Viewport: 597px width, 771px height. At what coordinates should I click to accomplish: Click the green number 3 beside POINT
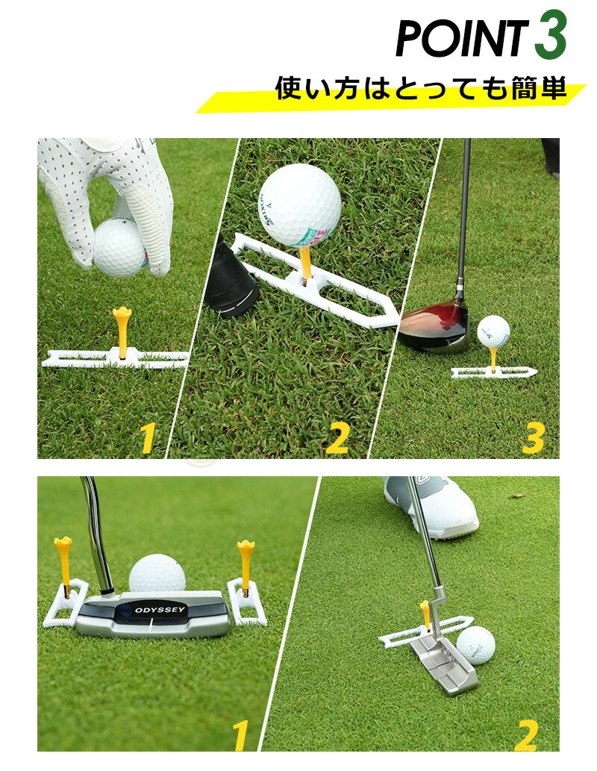pyautogui.click(x=551, y=35)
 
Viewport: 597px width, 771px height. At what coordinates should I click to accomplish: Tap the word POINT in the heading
pyautogui.click(x=461, y=38)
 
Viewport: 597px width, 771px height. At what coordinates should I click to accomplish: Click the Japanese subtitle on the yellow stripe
pyautogui.click(x=421, y=89)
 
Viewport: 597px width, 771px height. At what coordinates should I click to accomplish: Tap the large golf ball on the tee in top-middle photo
pyautogui.click(x=299, y=205)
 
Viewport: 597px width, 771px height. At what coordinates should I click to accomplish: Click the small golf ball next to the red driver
pyautogui.click(x=493, y=332)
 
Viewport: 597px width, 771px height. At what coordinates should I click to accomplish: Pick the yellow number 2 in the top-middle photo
pyautogui.click(x=337, y=437)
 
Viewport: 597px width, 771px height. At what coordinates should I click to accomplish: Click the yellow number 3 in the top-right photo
pyautogui.click(x=534, y=437)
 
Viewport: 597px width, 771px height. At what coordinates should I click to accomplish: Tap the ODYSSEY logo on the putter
pyautogui.click(x=154, y=611)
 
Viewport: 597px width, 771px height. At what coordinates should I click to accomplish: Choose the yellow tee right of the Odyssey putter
pyautogui.click(x=246, y=566)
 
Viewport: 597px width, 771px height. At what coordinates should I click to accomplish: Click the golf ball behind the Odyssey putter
pyautogui.click(x=157, y=573)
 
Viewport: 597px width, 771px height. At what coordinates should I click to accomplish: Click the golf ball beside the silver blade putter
pyautogui.click(x=475, y=645)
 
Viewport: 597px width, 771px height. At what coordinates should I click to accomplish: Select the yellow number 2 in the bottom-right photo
pyautogui.click(x=527, y=736)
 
